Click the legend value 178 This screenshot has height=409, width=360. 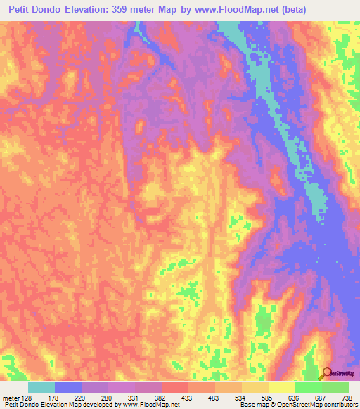click(x=68, y=398)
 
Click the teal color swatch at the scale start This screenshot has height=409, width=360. click(x=41, y=387)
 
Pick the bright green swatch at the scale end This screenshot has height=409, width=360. click(x=335, y=387)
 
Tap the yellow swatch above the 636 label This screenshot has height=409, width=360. click(x=282, y=387)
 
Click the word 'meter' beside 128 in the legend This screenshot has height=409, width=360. click(x=11, y=398)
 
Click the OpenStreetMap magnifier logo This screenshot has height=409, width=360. click(x=328, y=373)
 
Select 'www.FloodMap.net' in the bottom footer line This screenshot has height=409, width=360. click(x=150, y=405)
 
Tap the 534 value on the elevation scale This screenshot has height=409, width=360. click(x=257, y=398)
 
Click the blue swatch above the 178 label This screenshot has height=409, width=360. click(x=68, y=387)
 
